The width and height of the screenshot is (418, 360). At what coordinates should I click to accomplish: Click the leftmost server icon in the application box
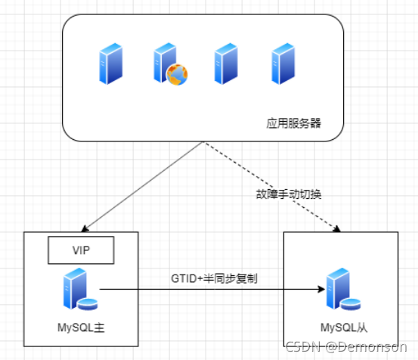111,64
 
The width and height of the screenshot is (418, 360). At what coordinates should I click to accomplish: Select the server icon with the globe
171,64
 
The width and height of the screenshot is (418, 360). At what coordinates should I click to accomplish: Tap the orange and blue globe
177,75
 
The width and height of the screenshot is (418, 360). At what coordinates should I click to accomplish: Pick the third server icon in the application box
226,64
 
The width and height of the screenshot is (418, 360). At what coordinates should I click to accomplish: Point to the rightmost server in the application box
283,64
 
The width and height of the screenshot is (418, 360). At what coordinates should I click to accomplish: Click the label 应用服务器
293,123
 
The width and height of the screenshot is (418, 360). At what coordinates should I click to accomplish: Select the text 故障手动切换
289,194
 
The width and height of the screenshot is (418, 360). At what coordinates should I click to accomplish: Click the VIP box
81,250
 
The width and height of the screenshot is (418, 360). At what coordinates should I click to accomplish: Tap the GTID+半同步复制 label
214,278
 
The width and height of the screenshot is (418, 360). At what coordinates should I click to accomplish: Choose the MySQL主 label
81,327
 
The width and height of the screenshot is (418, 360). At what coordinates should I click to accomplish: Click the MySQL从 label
344,327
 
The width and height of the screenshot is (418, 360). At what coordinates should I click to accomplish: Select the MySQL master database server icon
80,289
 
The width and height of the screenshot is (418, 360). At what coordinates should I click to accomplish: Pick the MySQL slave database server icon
343,289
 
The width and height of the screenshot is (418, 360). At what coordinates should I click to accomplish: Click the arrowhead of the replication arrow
322,289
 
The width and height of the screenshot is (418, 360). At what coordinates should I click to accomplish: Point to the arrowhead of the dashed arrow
337,229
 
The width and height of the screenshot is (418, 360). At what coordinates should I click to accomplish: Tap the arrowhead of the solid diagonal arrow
85,228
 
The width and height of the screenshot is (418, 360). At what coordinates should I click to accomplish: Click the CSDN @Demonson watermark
346,347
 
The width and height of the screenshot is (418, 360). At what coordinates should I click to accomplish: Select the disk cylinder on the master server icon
88,305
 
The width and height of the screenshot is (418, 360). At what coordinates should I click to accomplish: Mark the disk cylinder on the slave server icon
351,305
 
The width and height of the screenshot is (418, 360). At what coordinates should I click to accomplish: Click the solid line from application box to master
143,187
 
